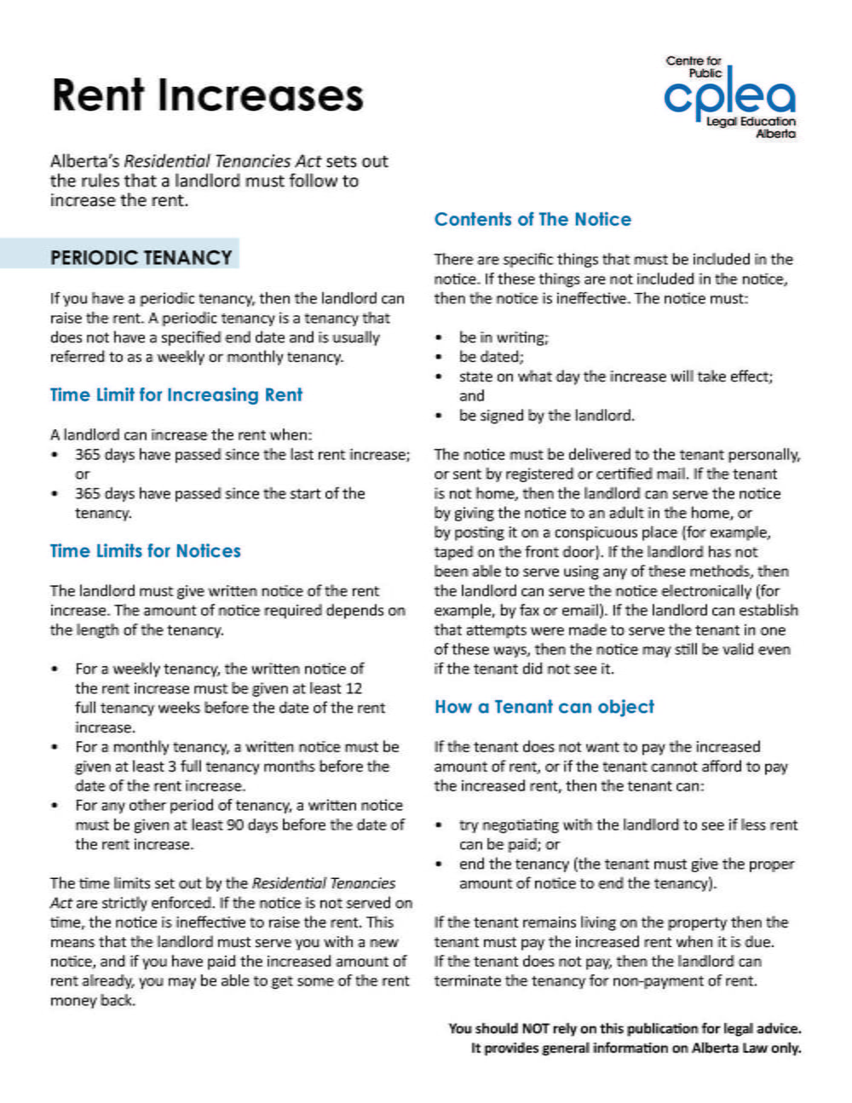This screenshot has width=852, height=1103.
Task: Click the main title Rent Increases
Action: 207,95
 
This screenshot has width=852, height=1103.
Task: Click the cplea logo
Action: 729,97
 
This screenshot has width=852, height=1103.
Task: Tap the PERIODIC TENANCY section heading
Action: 141,257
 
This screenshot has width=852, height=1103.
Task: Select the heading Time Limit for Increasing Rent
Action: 176,395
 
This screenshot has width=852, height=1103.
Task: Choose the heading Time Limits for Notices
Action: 145,551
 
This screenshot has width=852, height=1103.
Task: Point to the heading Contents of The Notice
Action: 532,220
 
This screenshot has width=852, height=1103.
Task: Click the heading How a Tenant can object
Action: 544,707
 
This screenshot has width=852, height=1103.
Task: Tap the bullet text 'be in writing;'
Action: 504,337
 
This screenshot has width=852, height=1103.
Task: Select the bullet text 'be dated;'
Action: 491,357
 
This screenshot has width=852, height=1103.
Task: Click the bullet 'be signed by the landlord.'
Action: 546,416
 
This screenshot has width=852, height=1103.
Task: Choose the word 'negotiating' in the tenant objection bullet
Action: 521,824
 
